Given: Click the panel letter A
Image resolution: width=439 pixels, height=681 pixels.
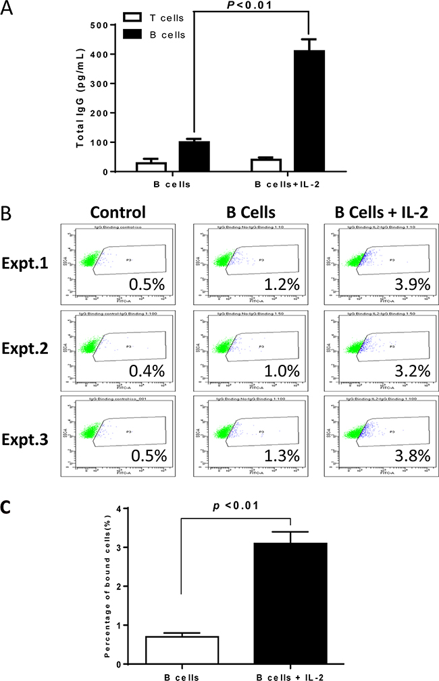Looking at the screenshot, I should tap(8, 9).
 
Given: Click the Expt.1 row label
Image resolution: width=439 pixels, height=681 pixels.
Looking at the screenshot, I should tap(28, 264).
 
